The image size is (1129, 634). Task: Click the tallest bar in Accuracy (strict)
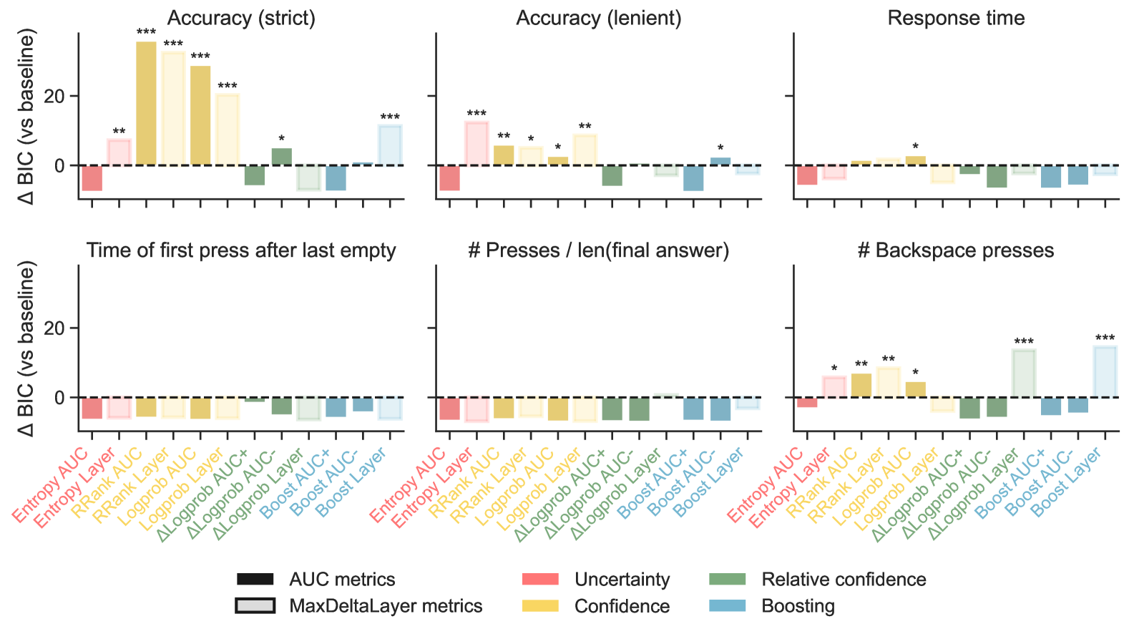146,103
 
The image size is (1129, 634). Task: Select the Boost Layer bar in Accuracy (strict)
390,145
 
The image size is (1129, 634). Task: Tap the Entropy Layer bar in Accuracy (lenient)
476,144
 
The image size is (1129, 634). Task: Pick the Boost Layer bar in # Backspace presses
1105,372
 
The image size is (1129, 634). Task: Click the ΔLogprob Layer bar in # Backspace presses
1024,374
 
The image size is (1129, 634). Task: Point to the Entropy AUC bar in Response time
807,175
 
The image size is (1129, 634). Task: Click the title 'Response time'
956,18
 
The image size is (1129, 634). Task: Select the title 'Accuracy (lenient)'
599,18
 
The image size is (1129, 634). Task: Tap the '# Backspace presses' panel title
956,250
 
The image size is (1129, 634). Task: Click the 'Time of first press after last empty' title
241,250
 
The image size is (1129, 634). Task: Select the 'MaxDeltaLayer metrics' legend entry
386,606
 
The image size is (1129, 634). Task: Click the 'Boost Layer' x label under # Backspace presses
1066,482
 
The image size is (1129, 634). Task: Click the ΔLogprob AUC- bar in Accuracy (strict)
282,157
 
